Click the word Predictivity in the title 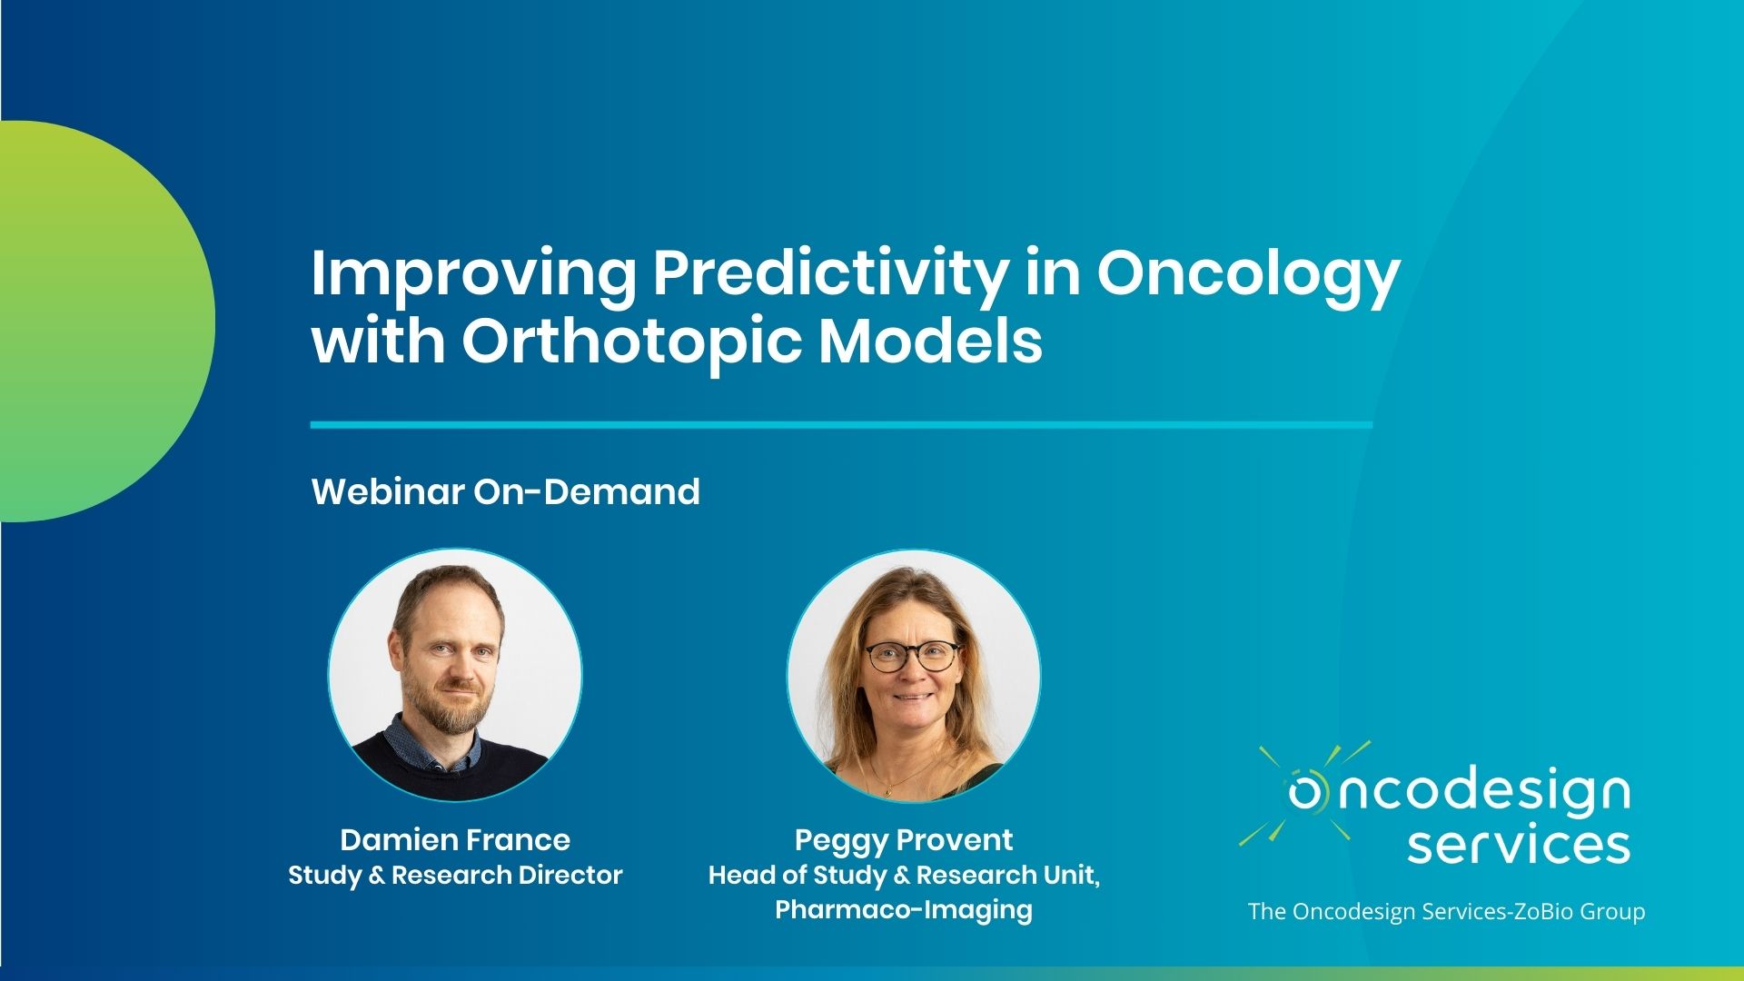tap(828, 275)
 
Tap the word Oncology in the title tap(1249, 275)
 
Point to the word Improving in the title tap(473, 275)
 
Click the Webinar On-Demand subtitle tap(506, 491)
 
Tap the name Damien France tap(455, 839)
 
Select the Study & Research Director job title tap(455, 876)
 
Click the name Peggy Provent tap(904, 840)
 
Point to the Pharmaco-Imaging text tap(904, 909)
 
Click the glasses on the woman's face tap(912, 655)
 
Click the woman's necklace tap(895, 772)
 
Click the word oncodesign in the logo tap(1459, 792)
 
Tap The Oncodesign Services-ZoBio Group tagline tap(1446, 911)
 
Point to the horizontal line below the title tap(841, 424)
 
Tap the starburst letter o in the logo tap(1306, 792)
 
